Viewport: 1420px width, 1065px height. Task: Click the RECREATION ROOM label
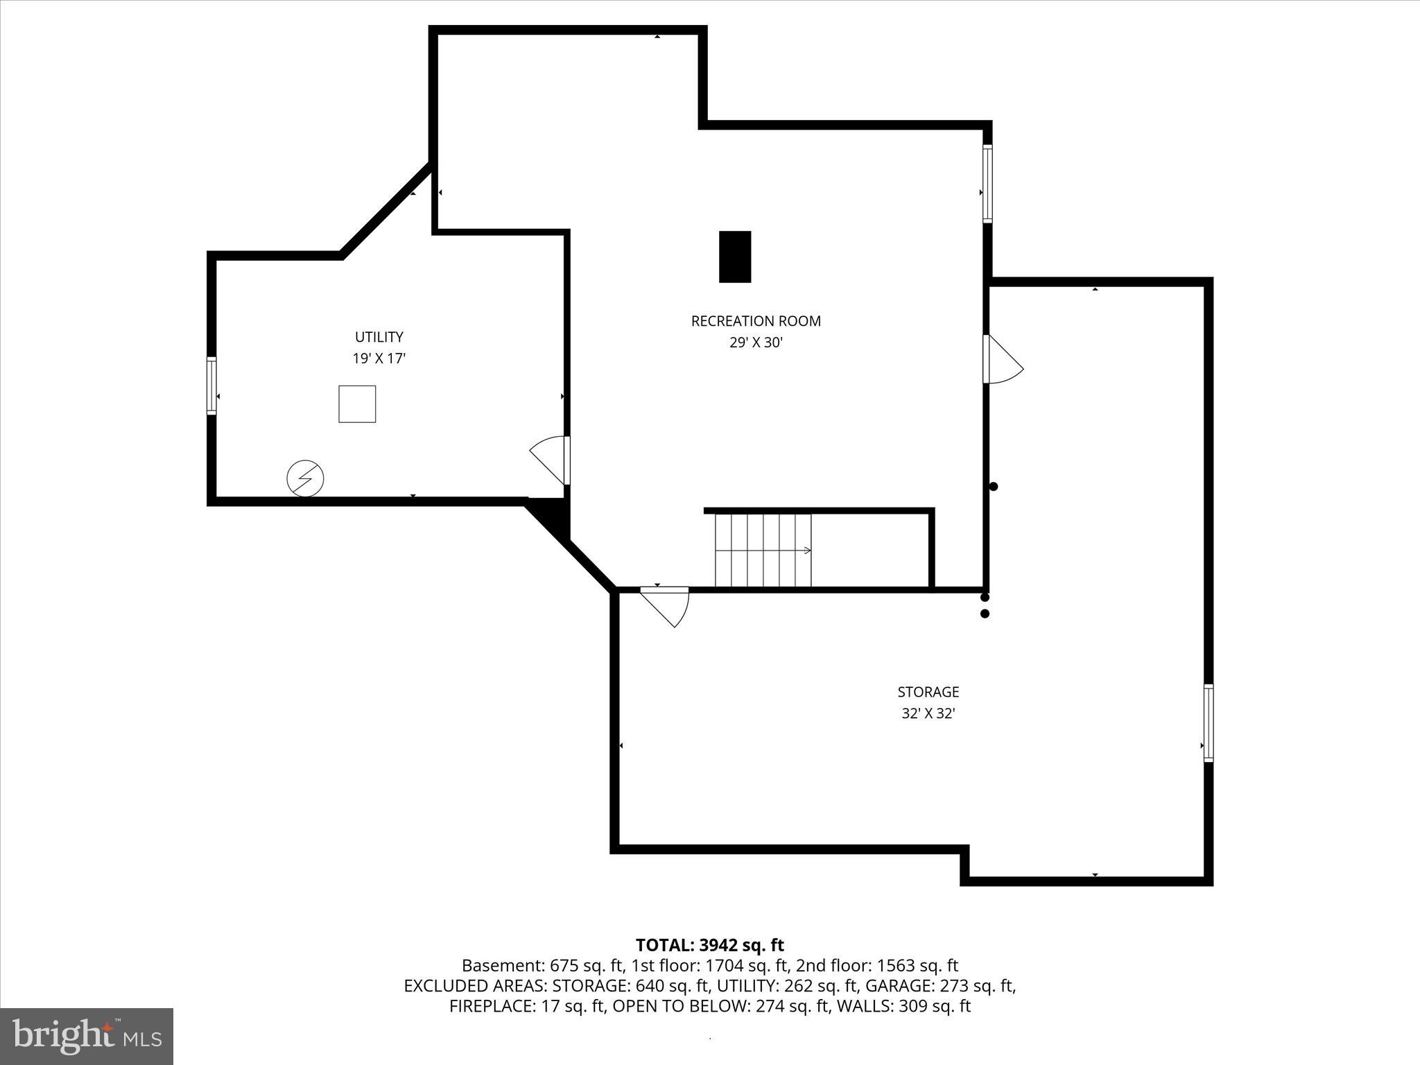(x=755, y=321)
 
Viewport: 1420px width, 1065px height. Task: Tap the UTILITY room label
(x=379, y=337)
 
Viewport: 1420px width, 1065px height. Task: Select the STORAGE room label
(x=928, y=692)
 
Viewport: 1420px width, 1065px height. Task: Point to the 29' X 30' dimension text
(x=755, y=343)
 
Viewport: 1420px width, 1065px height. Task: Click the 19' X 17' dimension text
(x=379, y=358)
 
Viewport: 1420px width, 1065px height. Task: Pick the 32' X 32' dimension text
(x=928, y=713)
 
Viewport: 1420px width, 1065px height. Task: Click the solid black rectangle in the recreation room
(x=735, y=257)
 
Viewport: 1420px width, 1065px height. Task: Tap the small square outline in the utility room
(x=357, y=404)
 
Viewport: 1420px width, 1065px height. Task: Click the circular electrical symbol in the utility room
(x=305, y=478)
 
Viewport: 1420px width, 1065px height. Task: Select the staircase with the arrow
(x=763, y=550)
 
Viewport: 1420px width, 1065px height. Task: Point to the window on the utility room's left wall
(x=211, y=386)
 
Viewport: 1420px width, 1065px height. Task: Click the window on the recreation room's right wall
(x=987, y=184)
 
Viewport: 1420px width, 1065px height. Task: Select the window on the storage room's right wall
(x=1209, y=722)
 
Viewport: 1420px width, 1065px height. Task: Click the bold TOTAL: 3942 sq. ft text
(x=709, y=945)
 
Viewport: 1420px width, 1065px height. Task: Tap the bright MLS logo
(x=87, y=1037)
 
